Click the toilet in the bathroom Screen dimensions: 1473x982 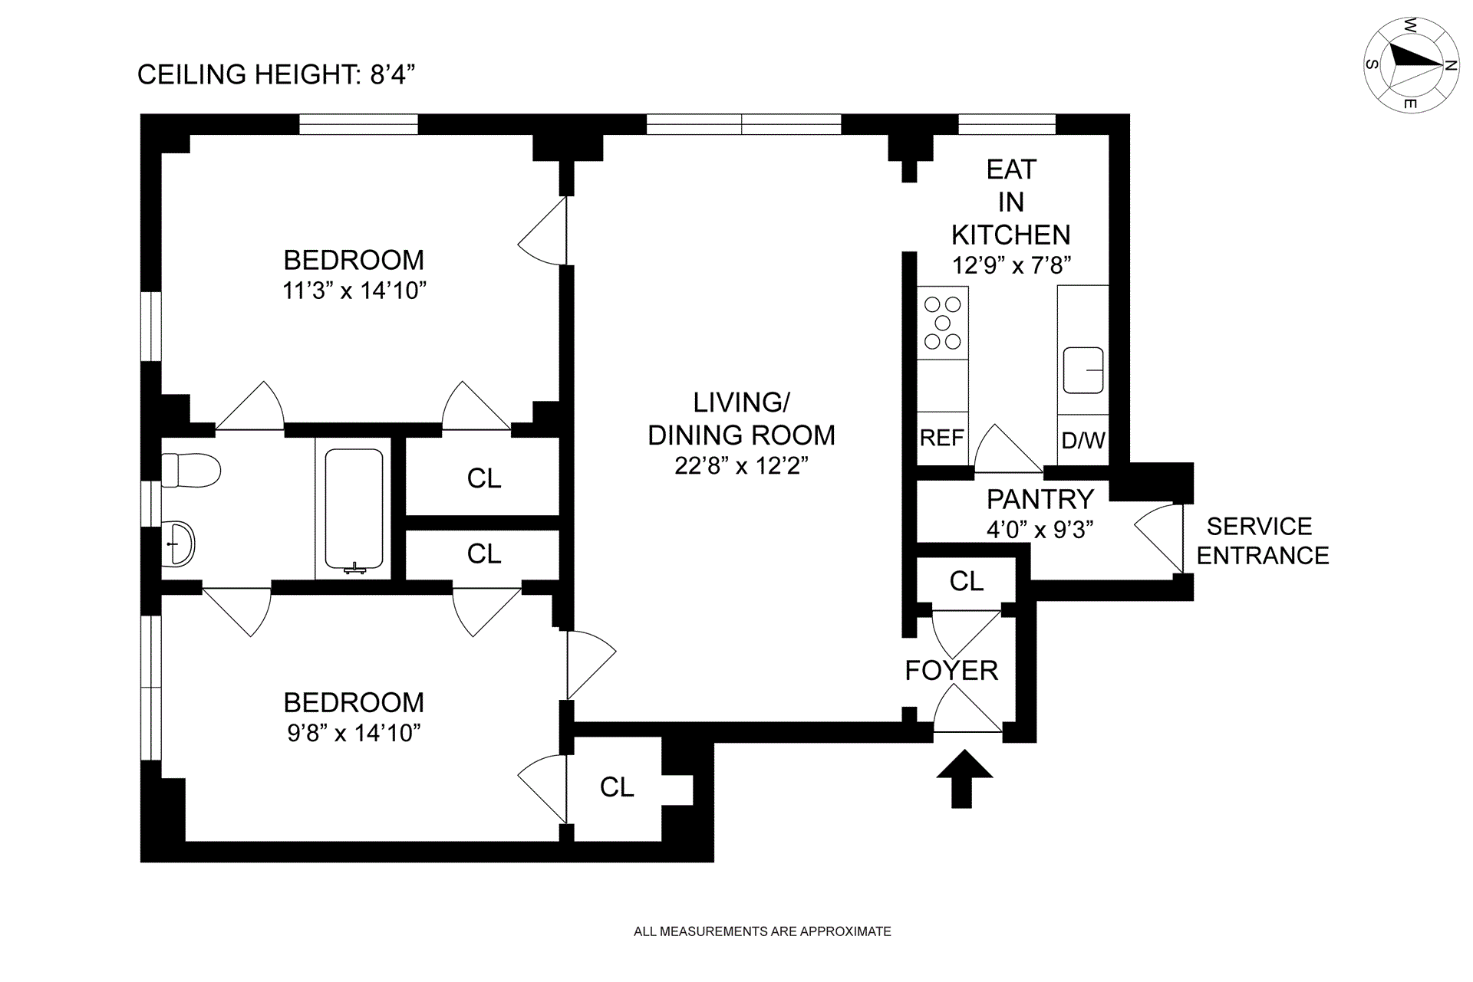click(x=191, y=470)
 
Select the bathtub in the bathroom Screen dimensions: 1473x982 click(x=354, y=510)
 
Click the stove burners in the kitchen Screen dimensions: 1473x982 click(x=943, y=323)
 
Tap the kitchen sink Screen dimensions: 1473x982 click(x=1083, y=371)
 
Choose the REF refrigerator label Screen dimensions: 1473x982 click(x=942, y=438)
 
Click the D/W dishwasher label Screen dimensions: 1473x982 click(x=1083, y=440)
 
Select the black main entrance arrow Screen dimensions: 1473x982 click(x=964, y=777)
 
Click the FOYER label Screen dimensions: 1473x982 click(x=951, y=671)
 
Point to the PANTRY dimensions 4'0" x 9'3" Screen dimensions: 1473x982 click(x=1040, y=530)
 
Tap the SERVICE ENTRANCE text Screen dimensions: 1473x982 click(x=1263, y=540)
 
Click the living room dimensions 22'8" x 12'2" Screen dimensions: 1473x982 click(x=741, y=465)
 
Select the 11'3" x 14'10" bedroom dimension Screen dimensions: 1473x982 click(x=354, y=291)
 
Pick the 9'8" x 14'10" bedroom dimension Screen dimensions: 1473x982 click(x=354, y=733)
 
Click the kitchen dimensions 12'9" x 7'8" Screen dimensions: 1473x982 click(x=1011, y=265)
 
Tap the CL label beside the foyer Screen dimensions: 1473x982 click(x=967, y=582)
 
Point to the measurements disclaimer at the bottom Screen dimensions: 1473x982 click(x=763, y=931)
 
